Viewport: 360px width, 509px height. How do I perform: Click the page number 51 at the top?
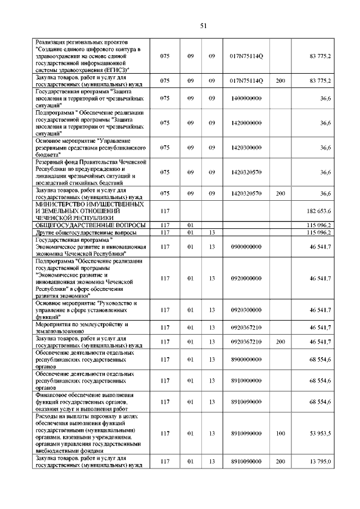point(204,25)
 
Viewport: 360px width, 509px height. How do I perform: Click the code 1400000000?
point(246,98)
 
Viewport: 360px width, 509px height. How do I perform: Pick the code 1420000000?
point(246,123)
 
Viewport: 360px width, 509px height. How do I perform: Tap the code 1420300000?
point(246,147)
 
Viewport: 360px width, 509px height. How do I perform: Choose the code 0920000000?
point(246,278)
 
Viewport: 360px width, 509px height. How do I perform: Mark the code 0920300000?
point(246,310)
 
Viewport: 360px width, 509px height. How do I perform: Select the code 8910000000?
point(246,381)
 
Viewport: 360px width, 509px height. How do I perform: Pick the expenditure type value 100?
point(280,434)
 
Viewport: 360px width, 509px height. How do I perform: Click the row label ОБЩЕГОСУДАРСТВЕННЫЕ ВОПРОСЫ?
point(90,225)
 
